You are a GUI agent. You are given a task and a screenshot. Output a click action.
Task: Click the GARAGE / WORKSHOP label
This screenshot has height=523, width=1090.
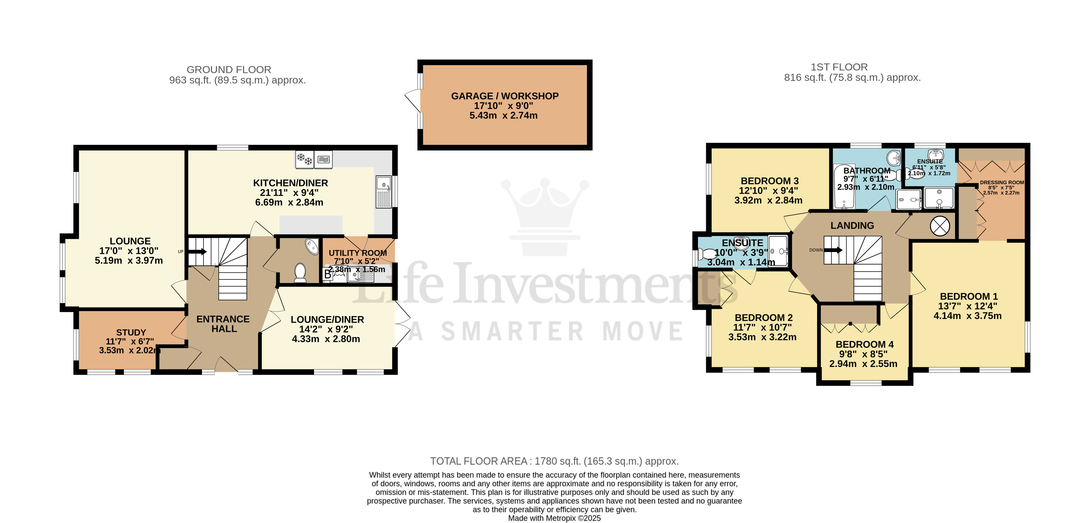pyautogui.click(x=504, y=96)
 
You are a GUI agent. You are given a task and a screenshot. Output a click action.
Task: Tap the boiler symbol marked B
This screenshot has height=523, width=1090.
pyautogui.click(x=327, y=274)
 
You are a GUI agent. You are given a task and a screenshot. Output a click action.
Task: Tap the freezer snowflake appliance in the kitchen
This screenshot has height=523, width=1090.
pyautogui.click(x=305, y=159)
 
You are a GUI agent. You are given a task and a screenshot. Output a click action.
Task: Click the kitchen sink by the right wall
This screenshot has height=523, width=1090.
pyautogui.click(x=383, y=192)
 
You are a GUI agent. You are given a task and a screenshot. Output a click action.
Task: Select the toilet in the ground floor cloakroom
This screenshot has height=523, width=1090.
pyautogui.click(x=300, y=273)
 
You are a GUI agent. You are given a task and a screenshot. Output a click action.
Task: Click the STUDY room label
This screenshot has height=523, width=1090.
pyautogui.click(x=131, y=332)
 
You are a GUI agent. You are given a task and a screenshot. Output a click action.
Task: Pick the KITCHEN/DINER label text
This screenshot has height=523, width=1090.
pyautogui.click(x=290, y=183)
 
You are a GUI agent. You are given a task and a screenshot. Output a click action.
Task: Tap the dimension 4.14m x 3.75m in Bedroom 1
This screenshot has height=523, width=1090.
pyautogui.click(x=967, y=316)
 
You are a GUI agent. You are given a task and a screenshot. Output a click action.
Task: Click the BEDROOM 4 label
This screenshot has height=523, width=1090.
pyautogui.click(x=864, y=344)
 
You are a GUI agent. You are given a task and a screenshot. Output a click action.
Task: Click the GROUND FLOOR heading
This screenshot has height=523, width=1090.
pyautogui.click(x=229, y=69)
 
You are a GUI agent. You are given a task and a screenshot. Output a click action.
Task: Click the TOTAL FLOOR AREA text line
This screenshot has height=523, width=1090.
pyautogui.click(x=554, y=461)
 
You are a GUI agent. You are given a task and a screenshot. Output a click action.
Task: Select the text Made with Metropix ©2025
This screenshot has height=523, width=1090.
pyautogui.click(x=554, y=518)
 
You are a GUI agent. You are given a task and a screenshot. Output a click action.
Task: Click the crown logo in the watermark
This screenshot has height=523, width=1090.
pyautogui.click(x=545, y=216)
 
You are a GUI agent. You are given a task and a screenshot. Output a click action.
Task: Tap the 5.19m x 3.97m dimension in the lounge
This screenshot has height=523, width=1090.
pyautogui.click(x=129, y=261)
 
